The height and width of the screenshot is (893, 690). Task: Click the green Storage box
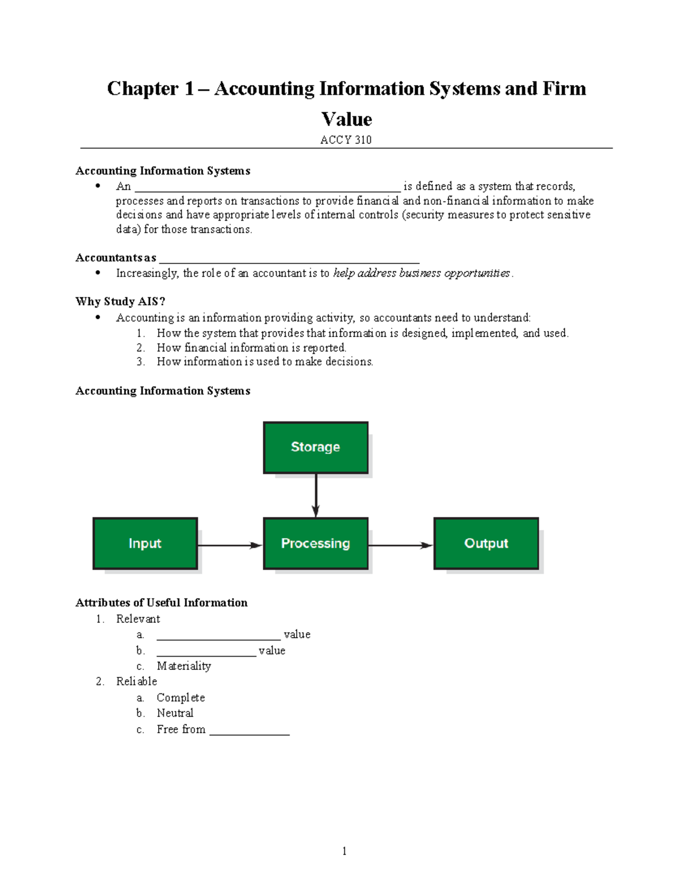click(x=315, y=447)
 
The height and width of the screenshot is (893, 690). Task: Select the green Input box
click(x=145, y=543)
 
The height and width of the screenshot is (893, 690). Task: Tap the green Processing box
click(x=315, y=543)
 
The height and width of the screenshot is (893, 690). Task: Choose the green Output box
click(x=486, y=543)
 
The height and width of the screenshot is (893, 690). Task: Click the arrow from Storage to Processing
click(x=316, y=495)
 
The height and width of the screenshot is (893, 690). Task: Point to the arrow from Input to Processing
click(x=230, y=545)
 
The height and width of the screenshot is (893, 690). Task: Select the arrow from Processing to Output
click(x=400, y=545)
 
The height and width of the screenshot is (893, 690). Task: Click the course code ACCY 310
click(x=346, y=140)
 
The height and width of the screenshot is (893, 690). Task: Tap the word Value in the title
click(x=346, y=119)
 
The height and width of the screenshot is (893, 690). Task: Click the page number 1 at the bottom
click(x=344, y=851)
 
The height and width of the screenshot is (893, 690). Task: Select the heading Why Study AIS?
click(x=120, y=302)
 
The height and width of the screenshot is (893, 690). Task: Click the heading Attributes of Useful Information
click(x=162, y=603)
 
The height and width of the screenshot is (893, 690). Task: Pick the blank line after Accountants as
click(x=289, y=261)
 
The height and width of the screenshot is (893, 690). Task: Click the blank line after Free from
click(x=250, y=733)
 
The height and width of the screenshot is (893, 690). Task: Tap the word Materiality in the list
click(x=183, y=666)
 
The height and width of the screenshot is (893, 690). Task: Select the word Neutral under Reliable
click(x=175, y=713)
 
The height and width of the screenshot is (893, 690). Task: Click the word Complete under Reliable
click(x=181, y=697)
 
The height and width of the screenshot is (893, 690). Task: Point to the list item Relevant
click(x=138, y=619)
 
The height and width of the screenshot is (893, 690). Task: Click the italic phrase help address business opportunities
click(x=421, y=273)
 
